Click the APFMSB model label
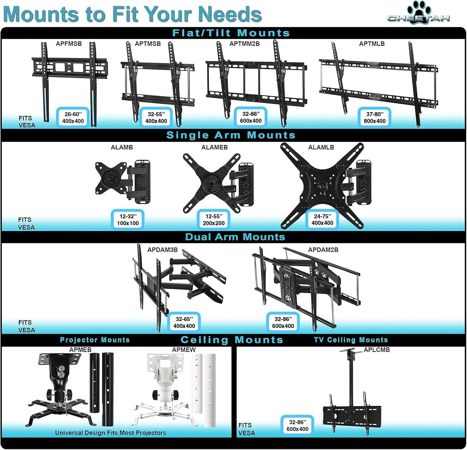69,44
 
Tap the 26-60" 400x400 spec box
73,117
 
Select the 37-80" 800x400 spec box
375,117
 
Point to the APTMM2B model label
244,44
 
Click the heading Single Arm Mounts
231,135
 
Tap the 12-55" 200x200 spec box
214,220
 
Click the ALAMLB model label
321,147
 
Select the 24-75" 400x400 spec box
322,219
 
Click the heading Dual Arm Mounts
235,237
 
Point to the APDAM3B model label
162,250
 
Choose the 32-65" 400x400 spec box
184,322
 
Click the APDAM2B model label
323,250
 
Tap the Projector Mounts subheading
95,340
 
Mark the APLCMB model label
376,350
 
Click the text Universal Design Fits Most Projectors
111,433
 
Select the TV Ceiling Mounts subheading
351,340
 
